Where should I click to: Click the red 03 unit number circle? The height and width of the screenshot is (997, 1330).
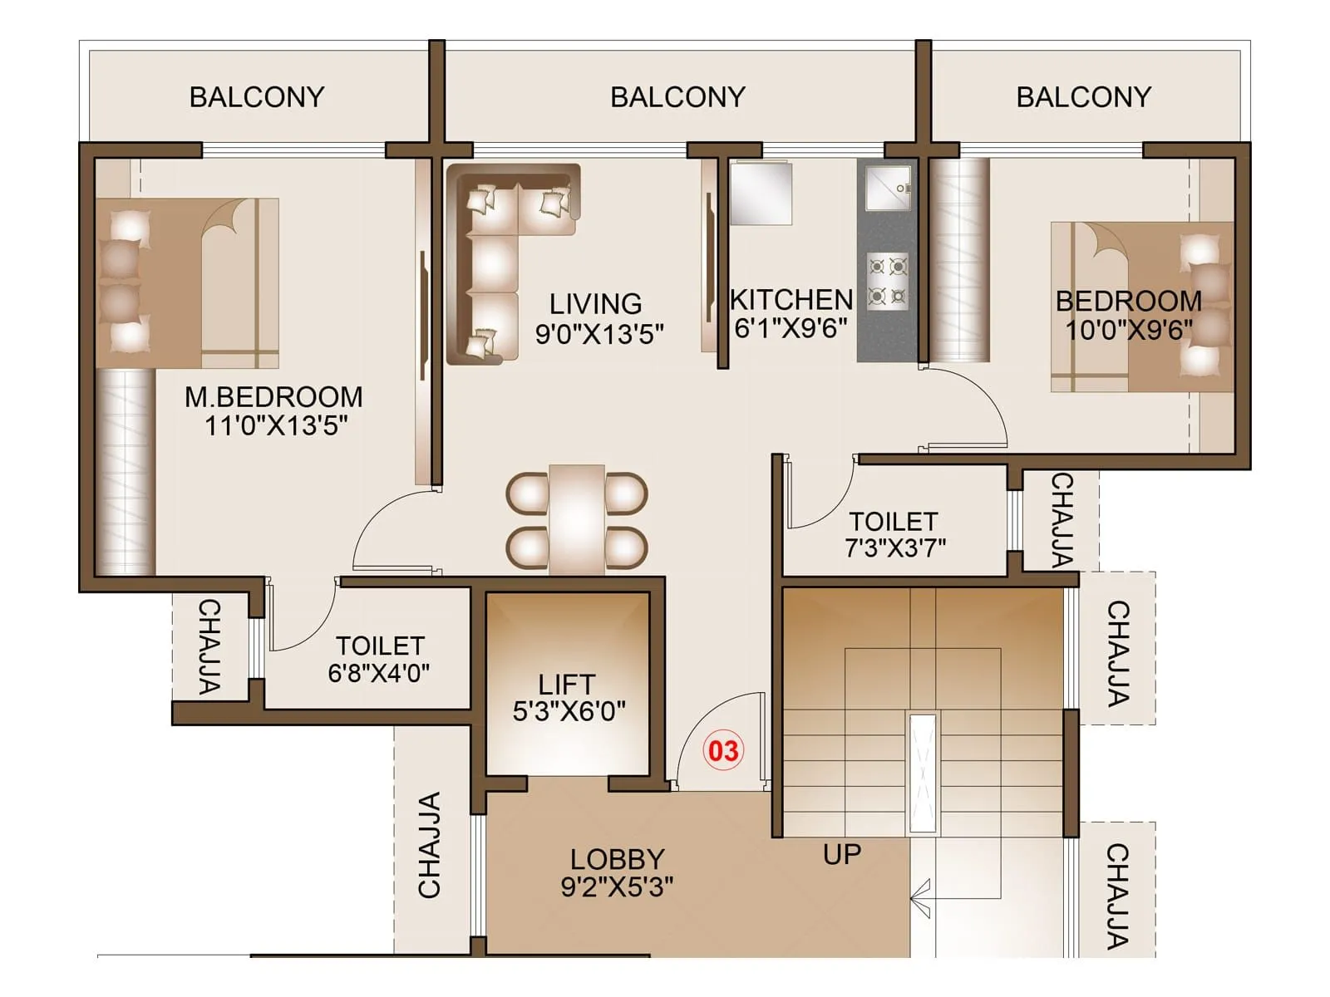(722, 750)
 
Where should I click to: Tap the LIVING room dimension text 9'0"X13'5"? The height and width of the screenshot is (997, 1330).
(598, 334)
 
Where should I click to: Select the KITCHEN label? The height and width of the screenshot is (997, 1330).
(791, 299)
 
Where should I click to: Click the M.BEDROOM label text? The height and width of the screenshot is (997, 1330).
(273, 396)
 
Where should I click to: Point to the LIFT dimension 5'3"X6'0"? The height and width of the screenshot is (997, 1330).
(569, 711)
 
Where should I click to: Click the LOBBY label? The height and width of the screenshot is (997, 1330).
(617, 858)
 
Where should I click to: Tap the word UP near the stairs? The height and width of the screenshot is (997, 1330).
(841, 854)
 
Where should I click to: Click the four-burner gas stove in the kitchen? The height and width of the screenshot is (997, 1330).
(887, 281)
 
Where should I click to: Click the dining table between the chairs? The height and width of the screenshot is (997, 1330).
(576, 519)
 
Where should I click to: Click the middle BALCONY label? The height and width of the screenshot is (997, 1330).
(677, 97)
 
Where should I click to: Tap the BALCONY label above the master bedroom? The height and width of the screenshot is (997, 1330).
(257, 97)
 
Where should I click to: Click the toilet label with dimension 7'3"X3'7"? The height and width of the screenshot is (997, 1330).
(894, 522)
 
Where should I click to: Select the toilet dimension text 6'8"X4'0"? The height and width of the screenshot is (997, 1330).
(378, 672)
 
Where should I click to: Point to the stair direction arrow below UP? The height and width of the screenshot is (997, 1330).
(920, 898)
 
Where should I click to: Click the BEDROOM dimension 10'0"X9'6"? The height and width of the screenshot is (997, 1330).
(1128, 330)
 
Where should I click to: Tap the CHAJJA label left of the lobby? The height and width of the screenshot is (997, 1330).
(429, 845)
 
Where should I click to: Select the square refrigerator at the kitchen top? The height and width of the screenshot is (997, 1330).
(761, 193)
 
